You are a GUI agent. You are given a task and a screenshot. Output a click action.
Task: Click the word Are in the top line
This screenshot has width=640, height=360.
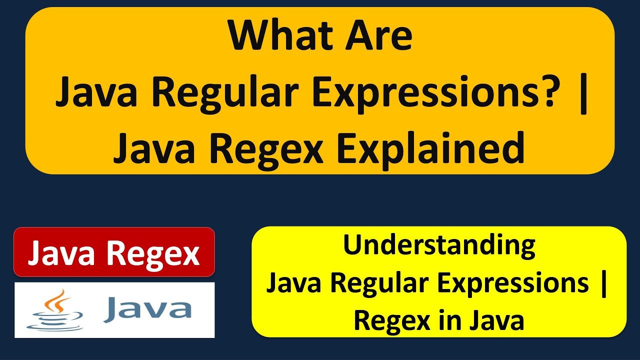click(x=378, y=37)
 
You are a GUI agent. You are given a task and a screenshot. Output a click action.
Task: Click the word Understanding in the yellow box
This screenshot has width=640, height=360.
click(x=439, y=246)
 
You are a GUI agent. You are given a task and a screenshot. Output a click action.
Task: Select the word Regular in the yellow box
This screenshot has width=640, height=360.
click(x=380, y=284)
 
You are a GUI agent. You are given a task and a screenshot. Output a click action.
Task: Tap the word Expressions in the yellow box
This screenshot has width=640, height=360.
click(x=512, y=284)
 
